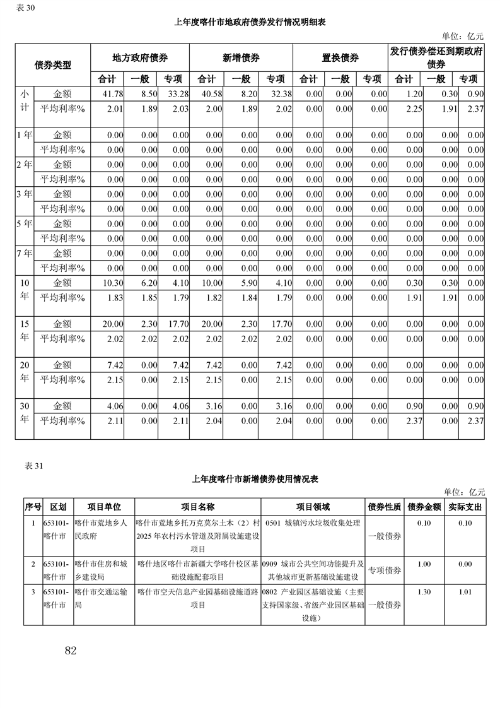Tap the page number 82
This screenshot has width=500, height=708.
(x=70, y=651)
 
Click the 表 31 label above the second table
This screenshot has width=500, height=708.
(x=33, y=466)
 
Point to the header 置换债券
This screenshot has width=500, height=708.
(x=340, y=57)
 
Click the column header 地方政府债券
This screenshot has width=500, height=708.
(x=140, y=57)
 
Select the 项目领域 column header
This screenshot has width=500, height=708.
(x=313, y=507)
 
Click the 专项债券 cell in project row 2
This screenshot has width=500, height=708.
(x=385, y=570)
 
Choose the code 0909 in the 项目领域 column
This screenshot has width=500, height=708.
(x=272, y=564)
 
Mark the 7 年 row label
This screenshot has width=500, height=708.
(x=24, y=254)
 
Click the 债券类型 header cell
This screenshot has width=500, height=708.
(x=52, y=64)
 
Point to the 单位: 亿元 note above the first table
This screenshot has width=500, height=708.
(x=465, y=37)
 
